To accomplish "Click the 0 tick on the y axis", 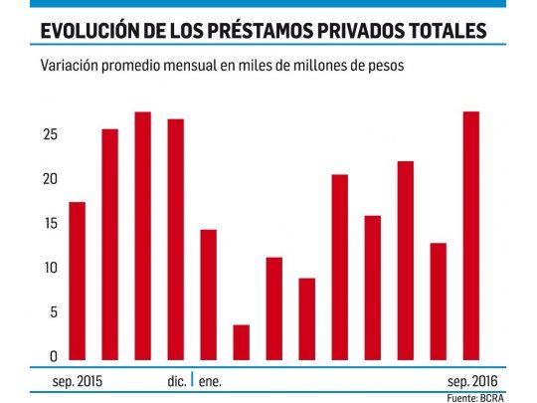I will pos(52,357).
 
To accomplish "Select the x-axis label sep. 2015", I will pos(77,380).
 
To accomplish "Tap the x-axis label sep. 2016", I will pos(471,380).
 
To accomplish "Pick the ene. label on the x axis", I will pos(212,380).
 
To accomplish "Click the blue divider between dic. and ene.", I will pos(192,379).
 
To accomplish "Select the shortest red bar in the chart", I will pos(241,343).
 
